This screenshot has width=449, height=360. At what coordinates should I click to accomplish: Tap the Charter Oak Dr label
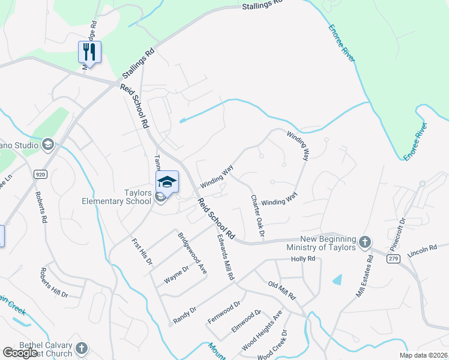click(x=258, y=215)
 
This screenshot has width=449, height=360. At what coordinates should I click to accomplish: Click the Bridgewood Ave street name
click(x=192, y=254)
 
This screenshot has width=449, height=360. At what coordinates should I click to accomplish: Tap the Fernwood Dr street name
click(x=223, y=312)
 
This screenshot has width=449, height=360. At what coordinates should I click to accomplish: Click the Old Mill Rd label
click(x=282, y=290)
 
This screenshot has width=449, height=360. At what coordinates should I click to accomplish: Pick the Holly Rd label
click(x=303, y=259)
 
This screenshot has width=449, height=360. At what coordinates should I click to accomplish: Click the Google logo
click(x=20, y=353)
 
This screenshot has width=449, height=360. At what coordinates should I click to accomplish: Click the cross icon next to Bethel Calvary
click(x=81, y=347)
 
